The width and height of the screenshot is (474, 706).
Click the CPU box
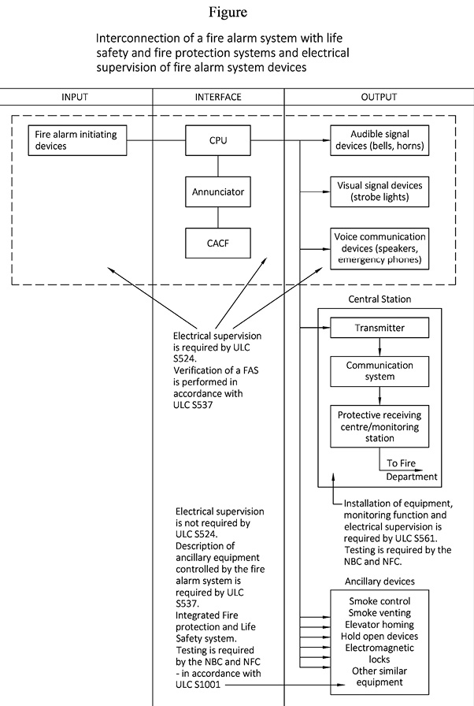(218, 141)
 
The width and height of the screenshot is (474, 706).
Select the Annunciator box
(218, 191)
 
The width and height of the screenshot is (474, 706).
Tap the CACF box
(218, 243)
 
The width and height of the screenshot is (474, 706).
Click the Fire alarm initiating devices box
(76, 140)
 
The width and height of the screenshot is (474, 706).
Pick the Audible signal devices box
(380, 140)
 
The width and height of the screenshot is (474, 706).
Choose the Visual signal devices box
(380, 191)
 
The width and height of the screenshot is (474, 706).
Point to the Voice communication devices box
(380, 247)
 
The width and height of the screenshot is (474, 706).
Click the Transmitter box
(380, 326)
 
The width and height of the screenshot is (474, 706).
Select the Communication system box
(380, 371)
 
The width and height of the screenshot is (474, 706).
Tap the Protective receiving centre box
(380, 426)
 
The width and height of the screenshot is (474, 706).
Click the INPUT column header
(75, 97)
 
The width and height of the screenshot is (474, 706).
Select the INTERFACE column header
(218, 97)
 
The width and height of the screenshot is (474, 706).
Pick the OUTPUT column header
(380, 97)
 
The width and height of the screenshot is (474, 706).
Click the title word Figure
(228, 13)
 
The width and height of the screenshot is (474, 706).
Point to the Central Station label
(380, 299)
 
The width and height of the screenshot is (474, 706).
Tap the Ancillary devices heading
(380, 582)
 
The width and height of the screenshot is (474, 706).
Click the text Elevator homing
(380, 624)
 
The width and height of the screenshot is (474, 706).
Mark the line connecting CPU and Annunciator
(218, 166)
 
